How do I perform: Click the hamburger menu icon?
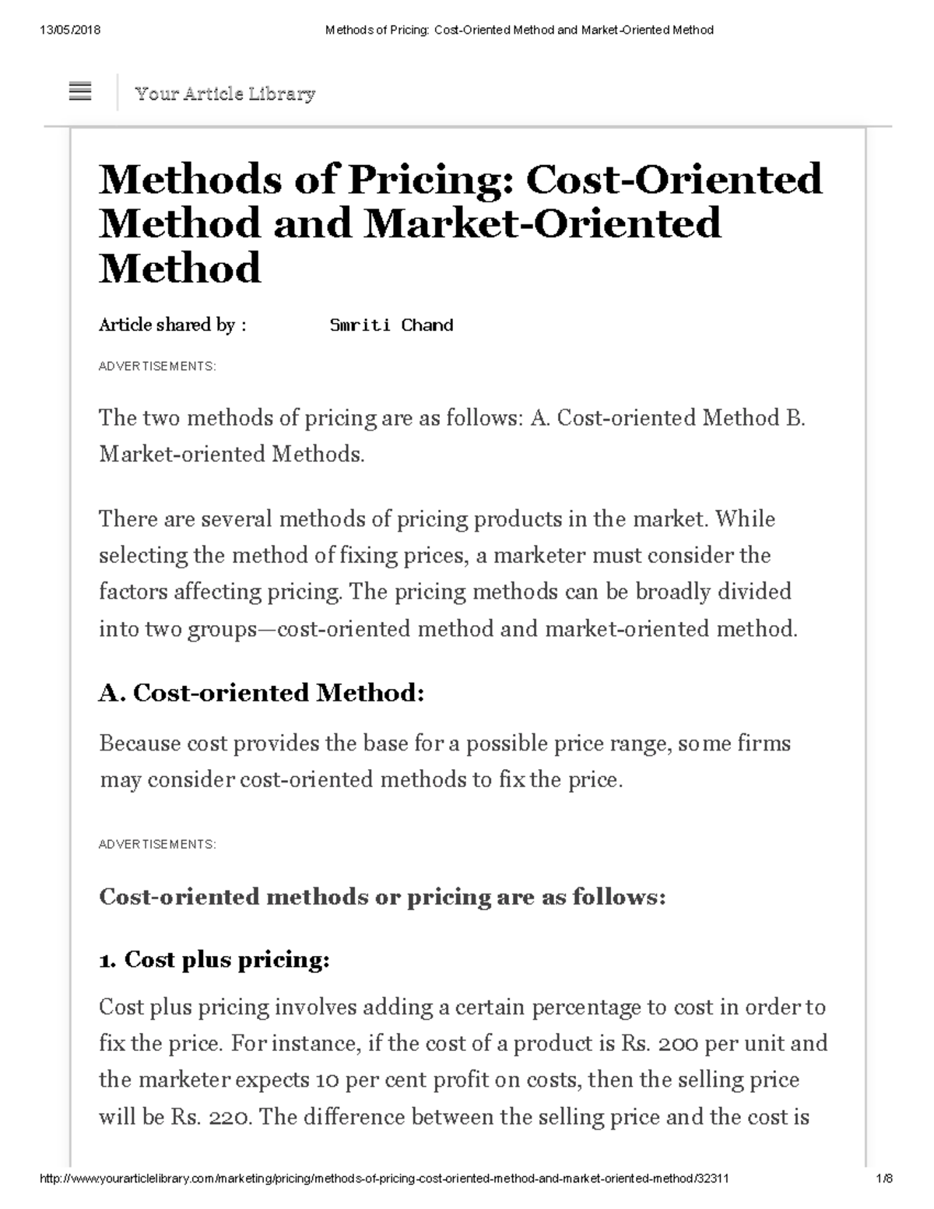click(80, 92)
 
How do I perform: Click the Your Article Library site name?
click(225, 94)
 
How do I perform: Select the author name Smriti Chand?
click(391, 325)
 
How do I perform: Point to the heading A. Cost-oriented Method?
click(262, 692)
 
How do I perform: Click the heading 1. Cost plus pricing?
click(215, 960)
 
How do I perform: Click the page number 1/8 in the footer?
click(883, 1179)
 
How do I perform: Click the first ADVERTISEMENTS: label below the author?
click(157, 367)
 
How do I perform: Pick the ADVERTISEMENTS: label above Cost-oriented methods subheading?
click(157, 845)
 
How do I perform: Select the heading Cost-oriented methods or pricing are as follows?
click(382, 897)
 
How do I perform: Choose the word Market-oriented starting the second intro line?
click(182, 454)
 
